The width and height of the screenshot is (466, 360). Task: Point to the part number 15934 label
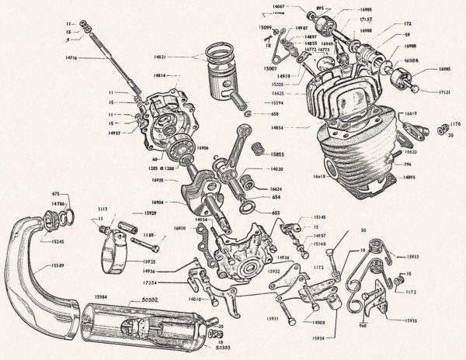coord(318,337)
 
